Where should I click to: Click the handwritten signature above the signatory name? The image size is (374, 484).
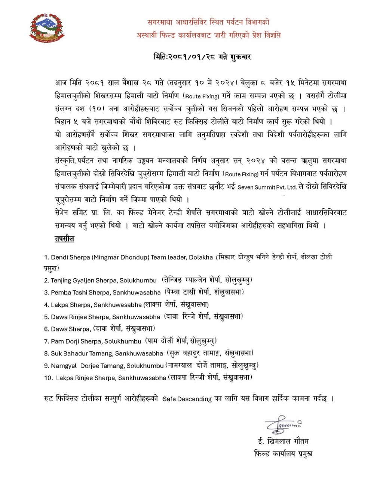283,424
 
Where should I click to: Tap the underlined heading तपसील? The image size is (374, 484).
64,239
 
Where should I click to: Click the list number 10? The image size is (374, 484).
48,378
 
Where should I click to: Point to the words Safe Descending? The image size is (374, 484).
187,399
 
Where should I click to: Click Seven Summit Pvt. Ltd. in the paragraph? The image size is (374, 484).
267,187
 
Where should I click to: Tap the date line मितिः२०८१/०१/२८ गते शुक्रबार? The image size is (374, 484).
202,57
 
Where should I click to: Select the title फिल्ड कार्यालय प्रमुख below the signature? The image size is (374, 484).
283,454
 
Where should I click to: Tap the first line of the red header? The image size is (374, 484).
208,22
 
